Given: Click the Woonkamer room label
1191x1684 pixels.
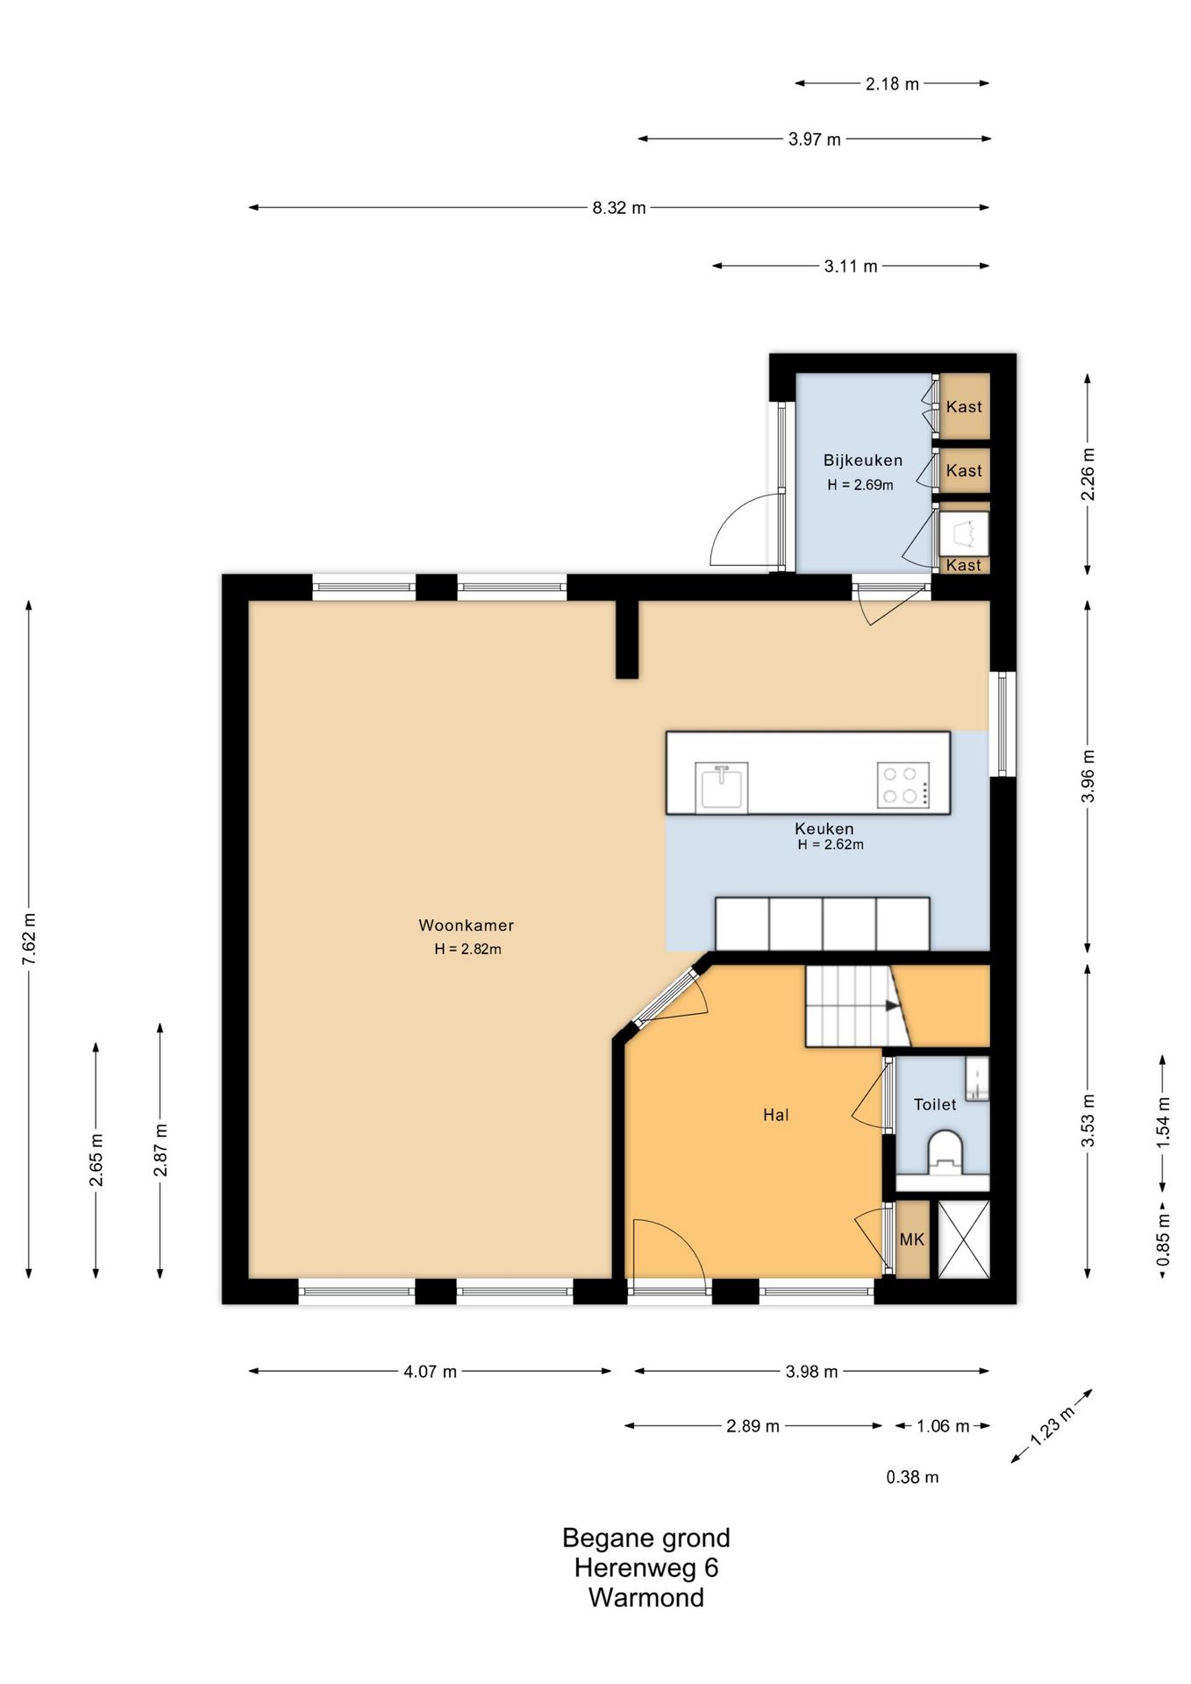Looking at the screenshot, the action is (x=466, y=925).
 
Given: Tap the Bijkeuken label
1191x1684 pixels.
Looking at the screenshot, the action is (x=862, y=460).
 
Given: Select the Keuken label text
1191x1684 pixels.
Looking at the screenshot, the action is (x=824, y=828).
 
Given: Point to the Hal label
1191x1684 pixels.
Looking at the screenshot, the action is (x=775, y=1115).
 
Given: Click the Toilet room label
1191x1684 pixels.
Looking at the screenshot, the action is (x=935, y=1104).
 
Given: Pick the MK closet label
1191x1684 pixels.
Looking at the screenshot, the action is (x=912, y=1239).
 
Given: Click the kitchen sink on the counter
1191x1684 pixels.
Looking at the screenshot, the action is (x=722, y=787).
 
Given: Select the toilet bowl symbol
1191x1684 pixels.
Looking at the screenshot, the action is (x=945, y=1152).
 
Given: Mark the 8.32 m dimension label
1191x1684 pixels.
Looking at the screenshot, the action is (x=618, y=208).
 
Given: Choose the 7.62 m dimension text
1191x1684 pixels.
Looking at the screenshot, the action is (x=29, y=938).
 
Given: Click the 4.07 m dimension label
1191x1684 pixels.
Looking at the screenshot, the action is (x=430, y=1371).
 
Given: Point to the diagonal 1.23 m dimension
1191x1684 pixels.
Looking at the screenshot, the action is (x=1052, y=1426).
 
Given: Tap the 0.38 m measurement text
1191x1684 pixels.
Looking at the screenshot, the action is (x=912, y=1477).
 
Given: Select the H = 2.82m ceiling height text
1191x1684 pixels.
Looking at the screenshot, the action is (x=467, y=949).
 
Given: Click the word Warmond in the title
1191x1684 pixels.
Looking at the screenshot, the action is (x=646, y=1597).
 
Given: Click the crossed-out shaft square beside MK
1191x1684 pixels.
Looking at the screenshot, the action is (x=964, y=1239).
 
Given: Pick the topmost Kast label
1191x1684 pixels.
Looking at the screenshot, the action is (x=964, y=406).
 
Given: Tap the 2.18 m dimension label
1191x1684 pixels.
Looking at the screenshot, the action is (x=892, y=84).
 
